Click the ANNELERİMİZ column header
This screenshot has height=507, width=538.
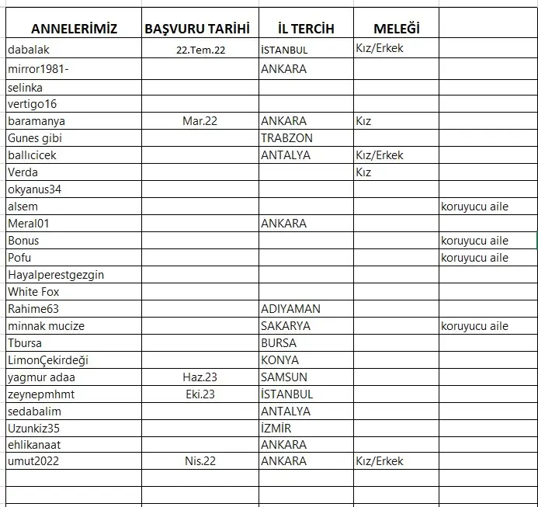click(x=74, y=29)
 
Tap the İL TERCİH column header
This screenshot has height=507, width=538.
click(x=306, y=29)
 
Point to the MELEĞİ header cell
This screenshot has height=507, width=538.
click(x=396, y=29)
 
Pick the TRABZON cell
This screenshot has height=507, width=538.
click(x=286, y=138)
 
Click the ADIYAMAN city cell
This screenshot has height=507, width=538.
click(x=290, y=309)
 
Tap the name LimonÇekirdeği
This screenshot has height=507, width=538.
click(x=48, y=360)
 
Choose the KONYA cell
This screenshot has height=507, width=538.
click(x=279, y=360)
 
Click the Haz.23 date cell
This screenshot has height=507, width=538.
click(x=199, y=377)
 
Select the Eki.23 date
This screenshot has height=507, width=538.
click(x=199, y=394)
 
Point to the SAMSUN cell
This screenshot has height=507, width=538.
click(x=284, y=377)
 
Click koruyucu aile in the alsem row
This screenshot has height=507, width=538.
click(x=474, y=207)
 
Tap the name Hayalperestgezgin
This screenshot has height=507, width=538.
click(x=56, y=275)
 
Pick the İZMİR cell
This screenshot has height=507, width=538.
click(x=276, y=429)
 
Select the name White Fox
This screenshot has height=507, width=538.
click(x=33, y=292)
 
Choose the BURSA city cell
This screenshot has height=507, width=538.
click(x=279, y=343)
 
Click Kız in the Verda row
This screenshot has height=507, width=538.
click(x=363, y=172)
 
